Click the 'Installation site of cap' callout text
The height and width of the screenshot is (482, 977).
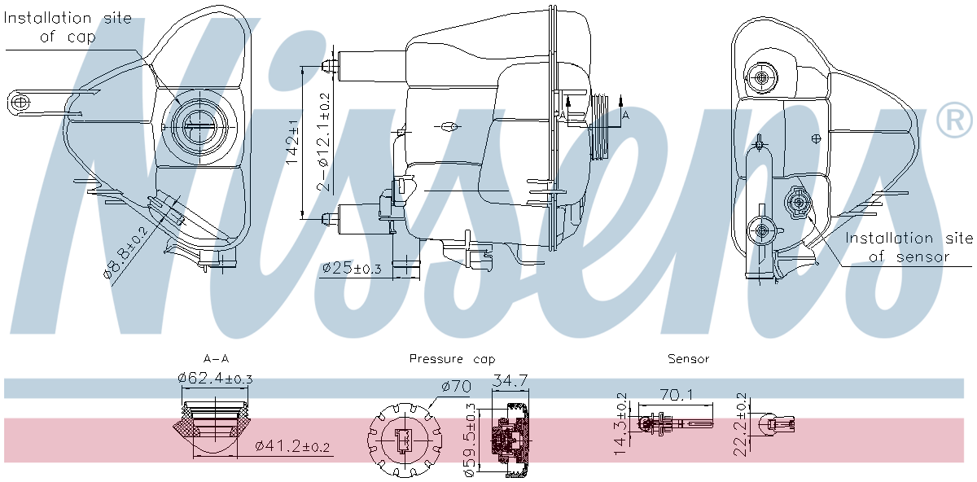(x=68, y=27)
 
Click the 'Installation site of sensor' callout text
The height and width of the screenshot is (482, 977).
(x=909, y=248)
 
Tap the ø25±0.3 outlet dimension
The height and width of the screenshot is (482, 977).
(x=352, y=268)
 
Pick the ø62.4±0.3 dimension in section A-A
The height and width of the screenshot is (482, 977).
(x=215, y=378)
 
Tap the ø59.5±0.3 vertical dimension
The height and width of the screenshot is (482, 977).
(x=470, y=439)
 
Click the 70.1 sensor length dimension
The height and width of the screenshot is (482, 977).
(x=677, y=395)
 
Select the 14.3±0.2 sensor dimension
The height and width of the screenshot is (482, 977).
(x=620, y=423)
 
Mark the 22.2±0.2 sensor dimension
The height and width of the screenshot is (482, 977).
(x=742, y=423)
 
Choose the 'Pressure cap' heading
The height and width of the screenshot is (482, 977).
(x=451, y=358)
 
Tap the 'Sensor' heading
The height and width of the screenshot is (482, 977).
(x=688, y=358)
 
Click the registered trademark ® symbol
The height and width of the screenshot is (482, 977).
(x=954, y=121)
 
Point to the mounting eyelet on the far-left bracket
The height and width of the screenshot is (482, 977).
(x=20, y=102)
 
